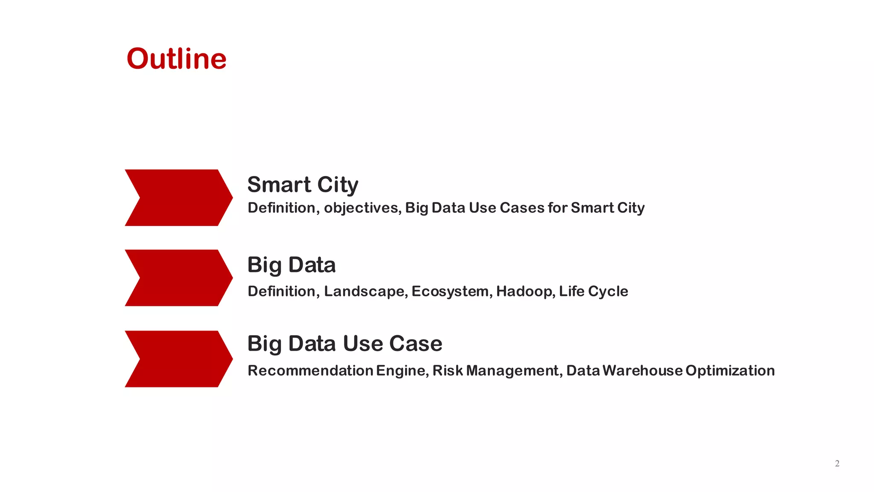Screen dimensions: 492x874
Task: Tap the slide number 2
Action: tap(837, 463)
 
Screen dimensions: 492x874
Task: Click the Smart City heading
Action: tap(303, 184)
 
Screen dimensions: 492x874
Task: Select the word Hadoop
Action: tap(525, 291)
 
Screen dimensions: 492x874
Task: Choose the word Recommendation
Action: tap(310, 370)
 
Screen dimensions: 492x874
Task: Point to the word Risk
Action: tap(447, 370)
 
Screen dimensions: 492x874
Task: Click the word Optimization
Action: tap(730, 371)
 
